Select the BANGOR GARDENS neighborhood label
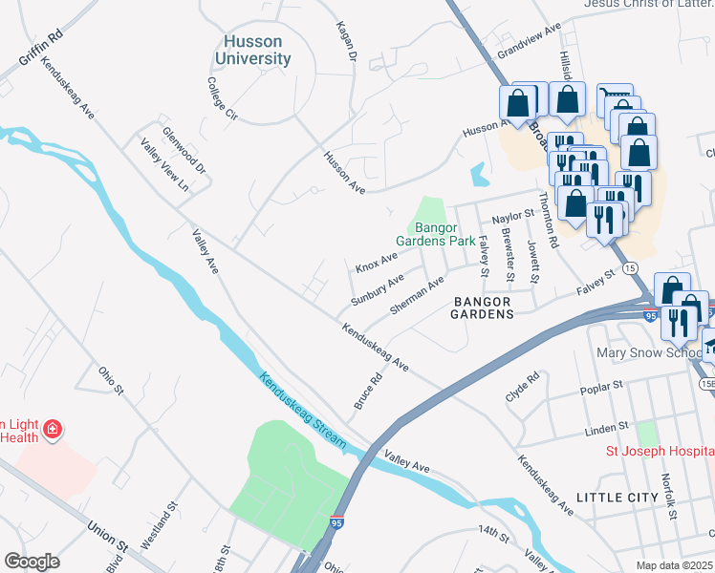pos(483,307)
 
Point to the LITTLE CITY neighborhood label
pos(617,498)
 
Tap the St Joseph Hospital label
pos(660,451)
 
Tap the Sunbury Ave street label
pos(377,286)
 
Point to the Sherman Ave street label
pos(418,296)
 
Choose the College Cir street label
pos(222,98)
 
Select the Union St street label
pos(107,534)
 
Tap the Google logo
pos(32,562)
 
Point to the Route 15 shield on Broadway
pos(630,269)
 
